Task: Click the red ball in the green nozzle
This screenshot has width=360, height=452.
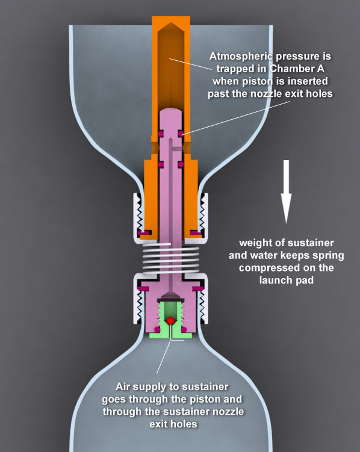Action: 170,320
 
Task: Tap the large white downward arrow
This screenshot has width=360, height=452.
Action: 286,192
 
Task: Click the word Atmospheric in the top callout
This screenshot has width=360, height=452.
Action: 241,56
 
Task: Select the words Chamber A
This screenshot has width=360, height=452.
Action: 297,69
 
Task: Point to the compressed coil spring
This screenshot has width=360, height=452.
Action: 170,258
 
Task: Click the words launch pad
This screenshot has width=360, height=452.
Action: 286,280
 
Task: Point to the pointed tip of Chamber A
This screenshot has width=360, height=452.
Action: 171,23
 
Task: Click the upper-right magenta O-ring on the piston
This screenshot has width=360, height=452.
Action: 181,133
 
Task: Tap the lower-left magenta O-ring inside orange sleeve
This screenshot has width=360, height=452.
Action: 161,164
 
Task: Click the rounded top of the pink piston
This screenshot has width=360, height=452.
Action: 170,110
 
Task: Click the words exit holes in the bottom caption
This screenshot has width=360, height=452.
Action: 173,424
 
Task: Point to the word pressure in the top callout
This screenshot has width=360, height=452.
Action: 303,56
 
